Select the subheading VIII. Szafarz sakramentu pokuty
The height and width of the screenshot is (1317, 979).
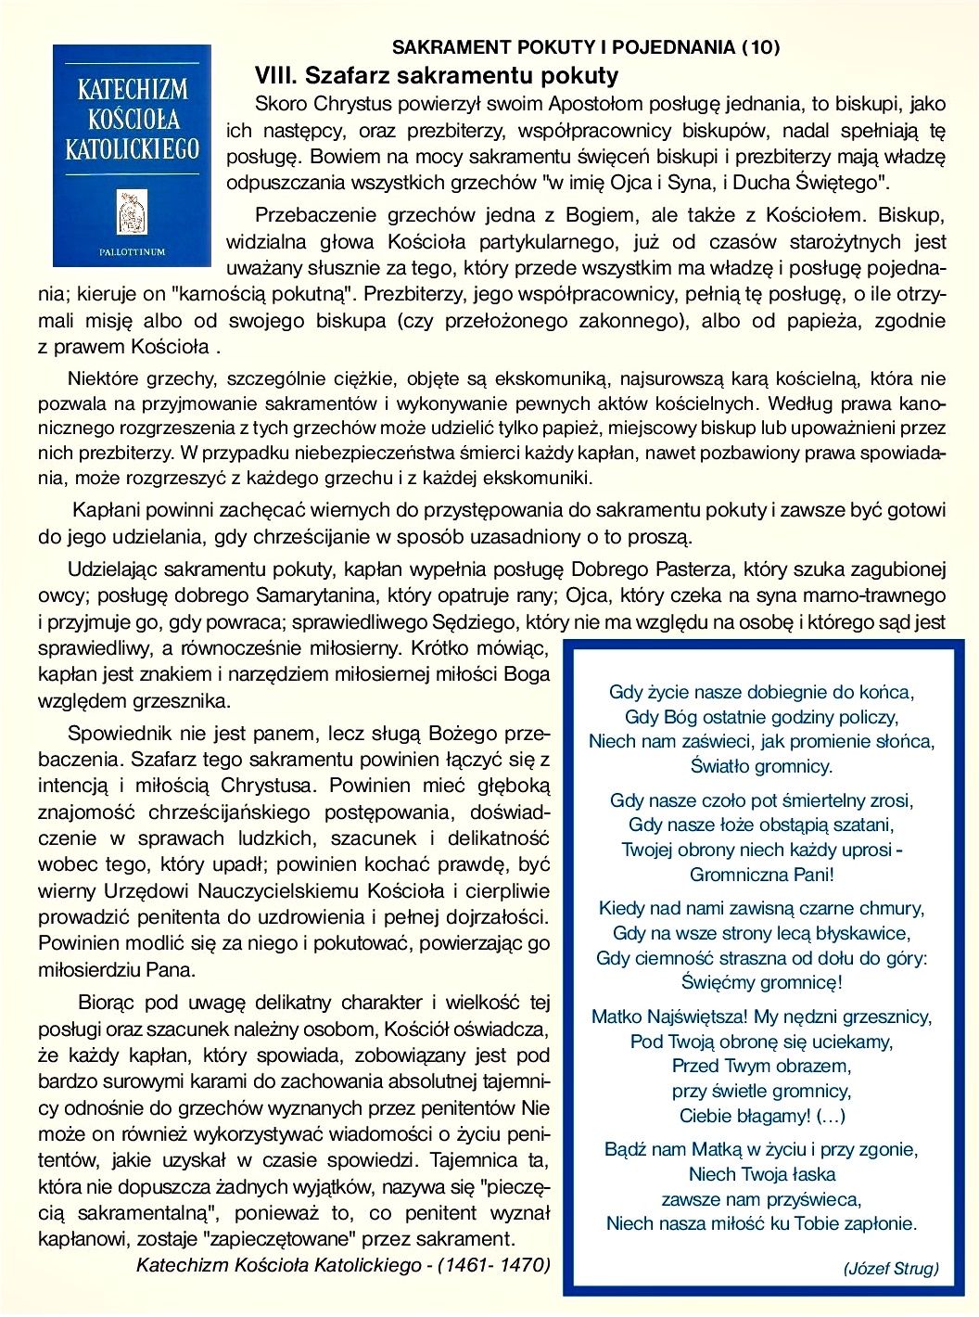tap(437, 75)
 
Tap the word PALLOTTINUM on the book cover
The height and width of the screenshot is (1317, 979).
tap(132, 251)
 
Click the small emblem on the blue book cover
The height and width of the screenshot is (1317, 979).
tap(132, 212)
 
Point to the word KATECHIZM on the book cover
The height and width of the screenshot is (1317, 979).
tap(132, 90)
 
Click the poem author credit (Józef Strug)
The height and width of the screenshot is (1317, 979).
tap(891, 1269)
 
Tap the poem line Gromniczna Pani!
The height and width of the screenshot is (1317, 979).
tap(762, 875)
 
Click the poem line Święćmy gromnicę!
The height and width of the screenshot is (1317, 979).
tap(762, 982)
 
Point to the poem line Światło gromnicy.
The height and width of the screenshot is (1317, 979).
tap(762, 766)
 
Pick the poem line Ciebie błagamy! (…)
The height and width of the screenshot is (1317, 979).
tap(762, 1116)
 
